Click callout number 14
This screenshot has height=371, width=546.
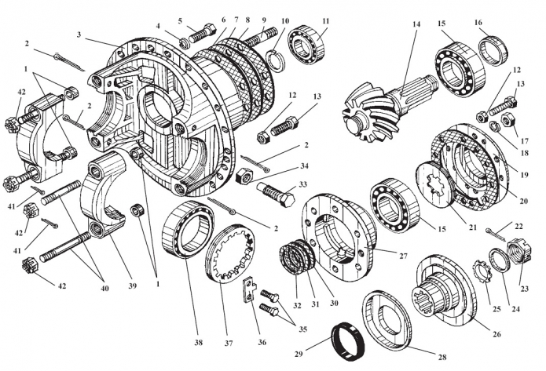tap(417, 23)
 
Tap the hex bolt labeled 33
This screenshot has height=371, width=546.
tap(271, 190)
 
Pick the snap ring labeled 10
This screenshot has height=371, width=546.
tap(276, 59)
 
